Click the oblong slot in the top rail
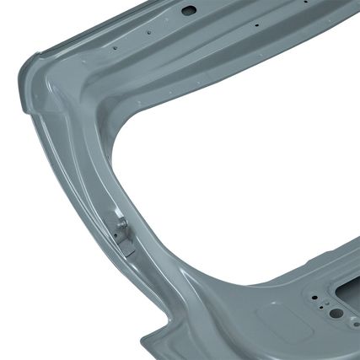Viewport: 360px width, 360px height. (x=189, y=10)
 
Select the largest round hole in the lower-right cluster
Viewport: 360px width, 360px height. (x=335, y=313)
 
